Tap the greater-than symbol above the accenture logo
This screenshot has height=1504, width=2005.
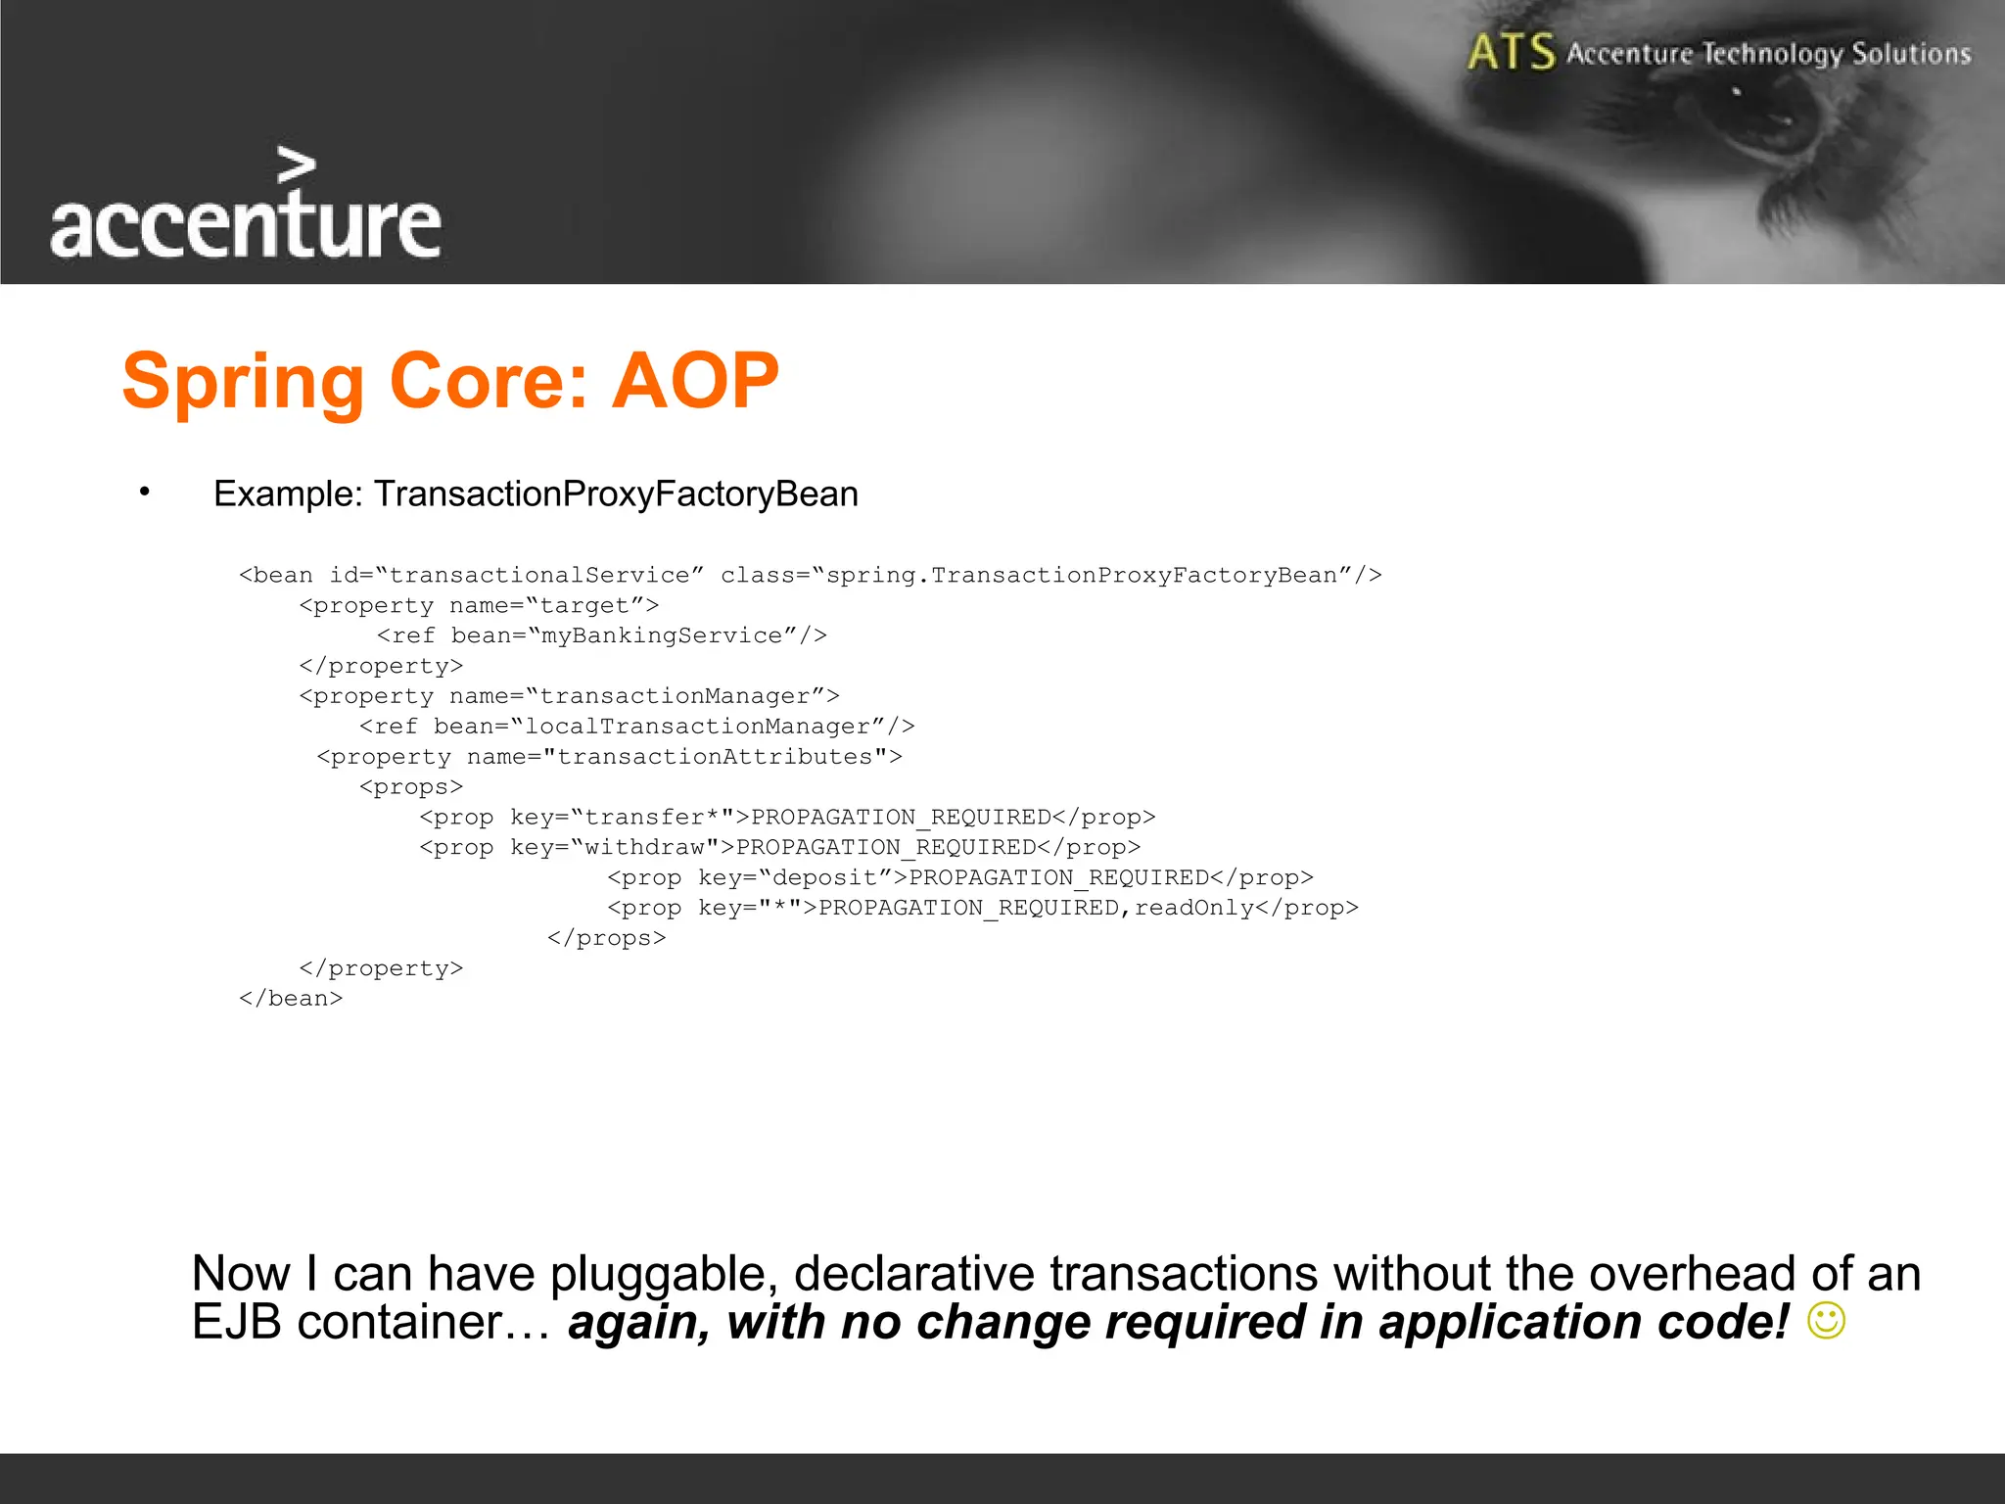pos(297,165)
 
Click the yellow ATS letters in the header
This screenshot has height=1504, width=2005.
pos(1511,52)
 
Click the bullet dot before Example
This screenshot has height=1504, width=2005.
pos(144,492)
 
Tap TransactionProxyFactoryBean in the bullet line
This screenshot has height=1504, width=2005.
pos(616,493)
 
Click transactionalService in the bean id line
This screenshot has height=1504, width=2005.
pos(539,575)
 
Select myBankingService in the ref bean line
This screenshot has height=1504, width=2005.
pos(662,635)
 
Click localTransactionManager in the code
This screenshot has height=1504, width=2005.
pos(698,727)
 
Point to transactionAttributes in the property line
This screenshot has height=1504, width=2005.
pos(715,757)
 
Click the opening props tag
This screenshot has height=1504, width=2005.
pos(411,787)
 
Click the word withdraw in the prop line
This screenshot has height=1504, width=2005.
pos(644,848)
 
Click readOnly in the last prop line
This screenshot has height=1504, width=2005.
pos(1193,909)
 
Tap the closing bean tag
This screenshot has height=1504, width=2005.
pos(291,999)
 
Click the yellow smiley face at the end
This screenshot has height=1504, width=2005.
pos(1826,1321)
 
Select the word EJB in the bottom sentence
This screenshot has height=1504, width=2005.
pos(238,1323)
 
